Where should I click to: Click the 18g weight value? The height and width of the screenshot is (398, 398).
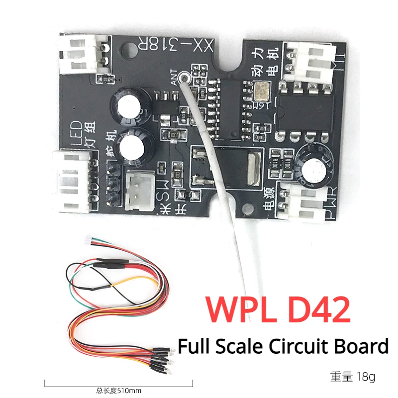pos(366,377)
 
